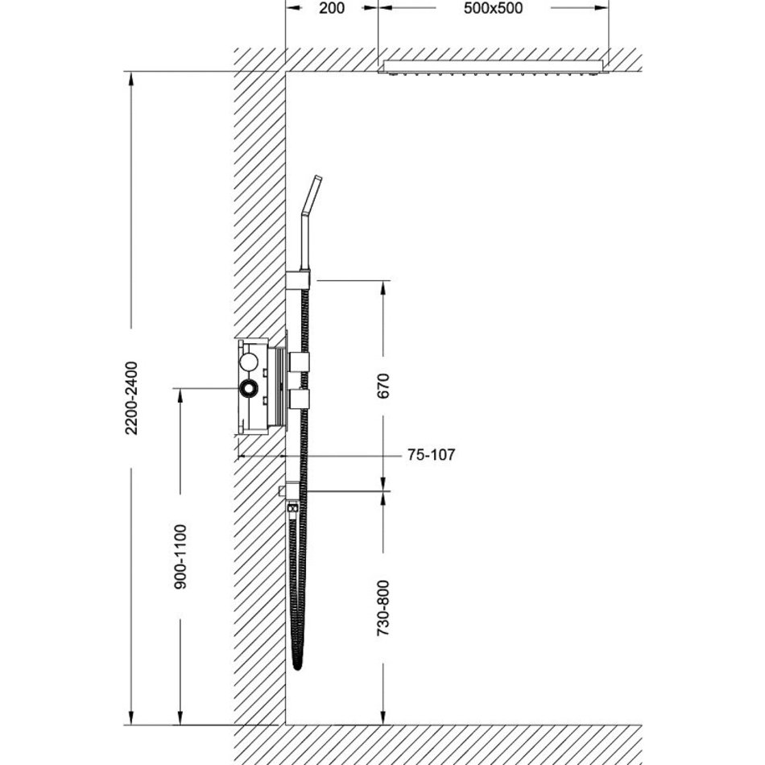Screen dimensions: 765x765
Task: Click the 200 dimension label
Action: tap(331, 8)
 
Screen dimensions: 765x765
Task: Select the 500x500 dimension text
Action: tap(493, 8)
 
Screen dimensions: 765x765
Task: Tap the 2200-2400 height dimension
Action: tap(131, 398)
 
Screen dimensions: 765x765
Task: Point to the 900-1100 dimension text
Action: tap(180, 556)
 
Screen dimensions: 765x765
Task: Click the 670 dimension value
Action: tap(383, 386)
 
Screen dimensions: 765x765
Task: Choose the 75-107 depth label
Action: tap(432, 455)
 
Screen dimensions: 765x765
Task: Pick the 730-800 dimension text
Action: tap(383, 607)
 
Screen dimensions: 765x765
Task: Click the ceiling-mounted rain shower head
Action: tap(494, 68)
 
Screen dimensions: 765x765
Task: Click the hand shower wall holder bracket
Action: tap(298, 279)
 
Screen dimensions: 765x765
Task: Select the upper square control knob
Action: tap(299, 361)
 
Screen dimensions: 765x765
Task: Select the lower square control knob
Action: tap(299, 399)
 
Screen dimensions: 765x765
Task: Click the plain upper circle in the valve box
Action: tap(248, 362)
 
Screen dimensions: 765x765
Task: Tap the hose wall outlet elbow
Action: tap(290, 491)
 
